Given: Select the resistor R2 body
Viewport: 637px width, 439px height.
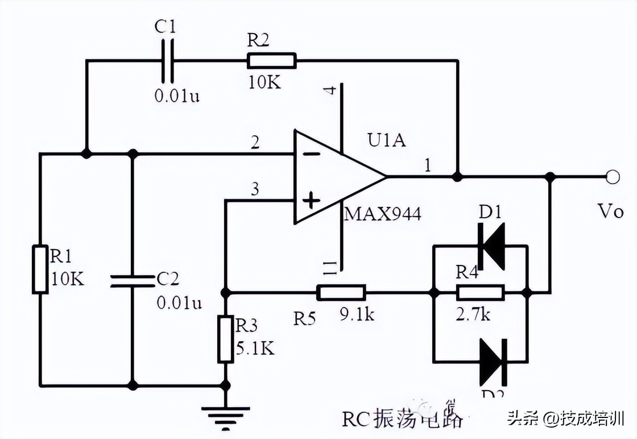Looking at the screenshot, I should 271,60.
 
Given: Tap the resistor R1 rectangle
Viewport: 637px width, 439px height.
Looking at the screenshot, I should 39,269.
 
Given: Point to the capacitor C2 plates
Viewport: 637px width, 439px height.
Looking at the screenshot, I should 131,280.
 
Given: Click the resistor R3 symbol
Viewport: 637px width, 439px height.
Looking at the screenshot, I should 226,339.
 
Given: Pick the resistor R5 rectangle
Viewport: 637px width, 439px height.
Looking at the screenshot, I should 341,293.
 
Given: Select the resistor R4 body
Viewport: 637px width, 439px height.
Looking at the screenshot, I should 480,293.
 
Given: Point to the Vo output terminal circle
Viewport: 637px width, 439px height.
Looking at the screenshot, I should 613,177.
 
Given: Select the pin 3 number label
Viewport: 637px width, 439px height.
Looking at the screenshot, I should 254,190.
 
